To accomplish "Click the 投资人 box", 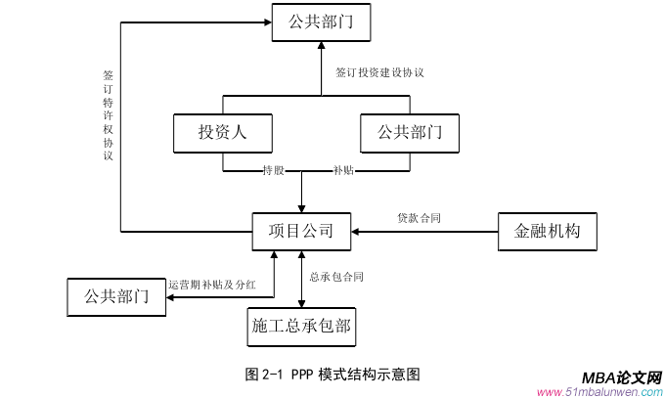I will coord(222,133).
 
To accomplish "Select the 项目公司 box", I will coord(301,232).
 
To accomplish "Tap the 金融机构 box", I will coord(547,232).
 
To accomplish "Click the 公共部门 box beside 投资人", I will coord(409,133).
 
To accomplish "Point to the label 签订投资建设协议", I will coord(379,72).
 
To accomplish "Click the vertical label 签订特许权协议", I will coord(109,114).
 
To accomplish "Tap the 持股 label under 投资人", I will coord(273,171).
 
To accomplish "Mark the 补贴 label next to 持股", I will coord(343,171).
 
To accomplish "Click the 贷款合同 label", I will coord(419,218).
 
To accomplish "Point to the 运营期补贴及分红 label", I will coord(212,286).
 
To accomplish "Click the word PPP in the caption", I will coord(300,374).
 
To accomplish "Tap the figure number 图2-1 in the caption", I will coord(264,374).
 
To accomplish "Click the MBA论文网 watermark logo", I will coord(622,378).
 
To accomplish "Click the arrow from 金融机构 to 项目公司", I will coord(425,232).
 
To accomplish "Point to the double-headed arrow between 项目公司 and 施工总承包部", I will coord(301,278).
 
